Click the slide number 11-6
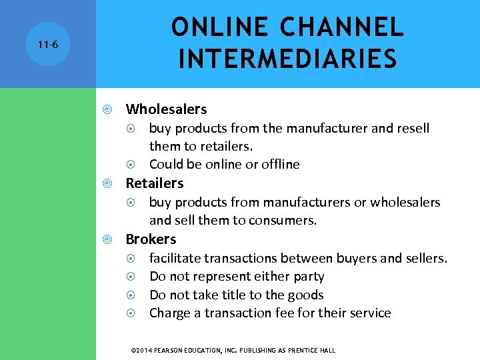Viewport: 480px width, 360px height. pyautogui.click(x=47, y=45)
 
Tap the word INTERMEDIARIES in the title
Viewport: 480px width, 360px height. pyautogui.click(x=287, y=59)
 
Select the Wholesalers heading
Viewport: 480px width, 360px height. pyautogui.click(x=166, y=109)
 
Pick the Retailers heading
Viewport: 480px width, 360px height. pyautogui.click(x=155, y=183)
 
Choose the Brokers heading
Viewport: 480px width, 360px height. pyautogui.click(x=151, y=239)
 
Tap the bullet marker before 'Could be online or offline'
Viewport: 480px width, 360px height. pyautogui.click(x=132, y=164)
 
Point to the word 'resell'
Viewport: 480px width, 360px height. pyautogui.click(x=412, y=128)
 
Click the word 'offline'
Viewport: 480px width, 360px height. pyautogui.click(x=279, y=164)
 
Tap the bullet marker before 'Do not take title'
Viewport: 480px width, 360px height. pyautogui.click(x=132, y=295)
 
